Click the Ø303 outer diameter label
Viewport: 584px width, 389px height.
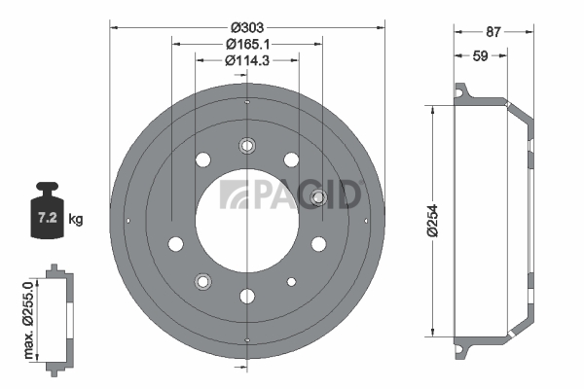click(247, 27)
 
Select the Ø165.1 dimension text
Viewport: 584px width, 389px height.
click(247, 45)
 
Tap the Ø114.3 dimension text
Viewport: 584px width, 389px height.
click(247, 60)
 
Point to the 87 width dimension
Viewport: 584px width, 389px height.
click(493, 32)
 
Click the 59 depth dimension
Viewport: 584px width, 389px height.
click(480, 55)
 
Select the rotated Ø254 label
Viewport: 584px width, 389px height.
click(432, 221)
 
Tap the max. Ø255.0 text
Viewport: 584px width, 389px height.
click(28, 320)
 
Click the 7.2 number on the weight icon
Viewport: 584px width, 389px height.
click(48, 217)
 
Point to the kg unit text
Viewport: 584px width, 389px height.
click(76, 219)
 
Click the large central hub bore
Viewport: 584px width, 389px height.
click(247, 221)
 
